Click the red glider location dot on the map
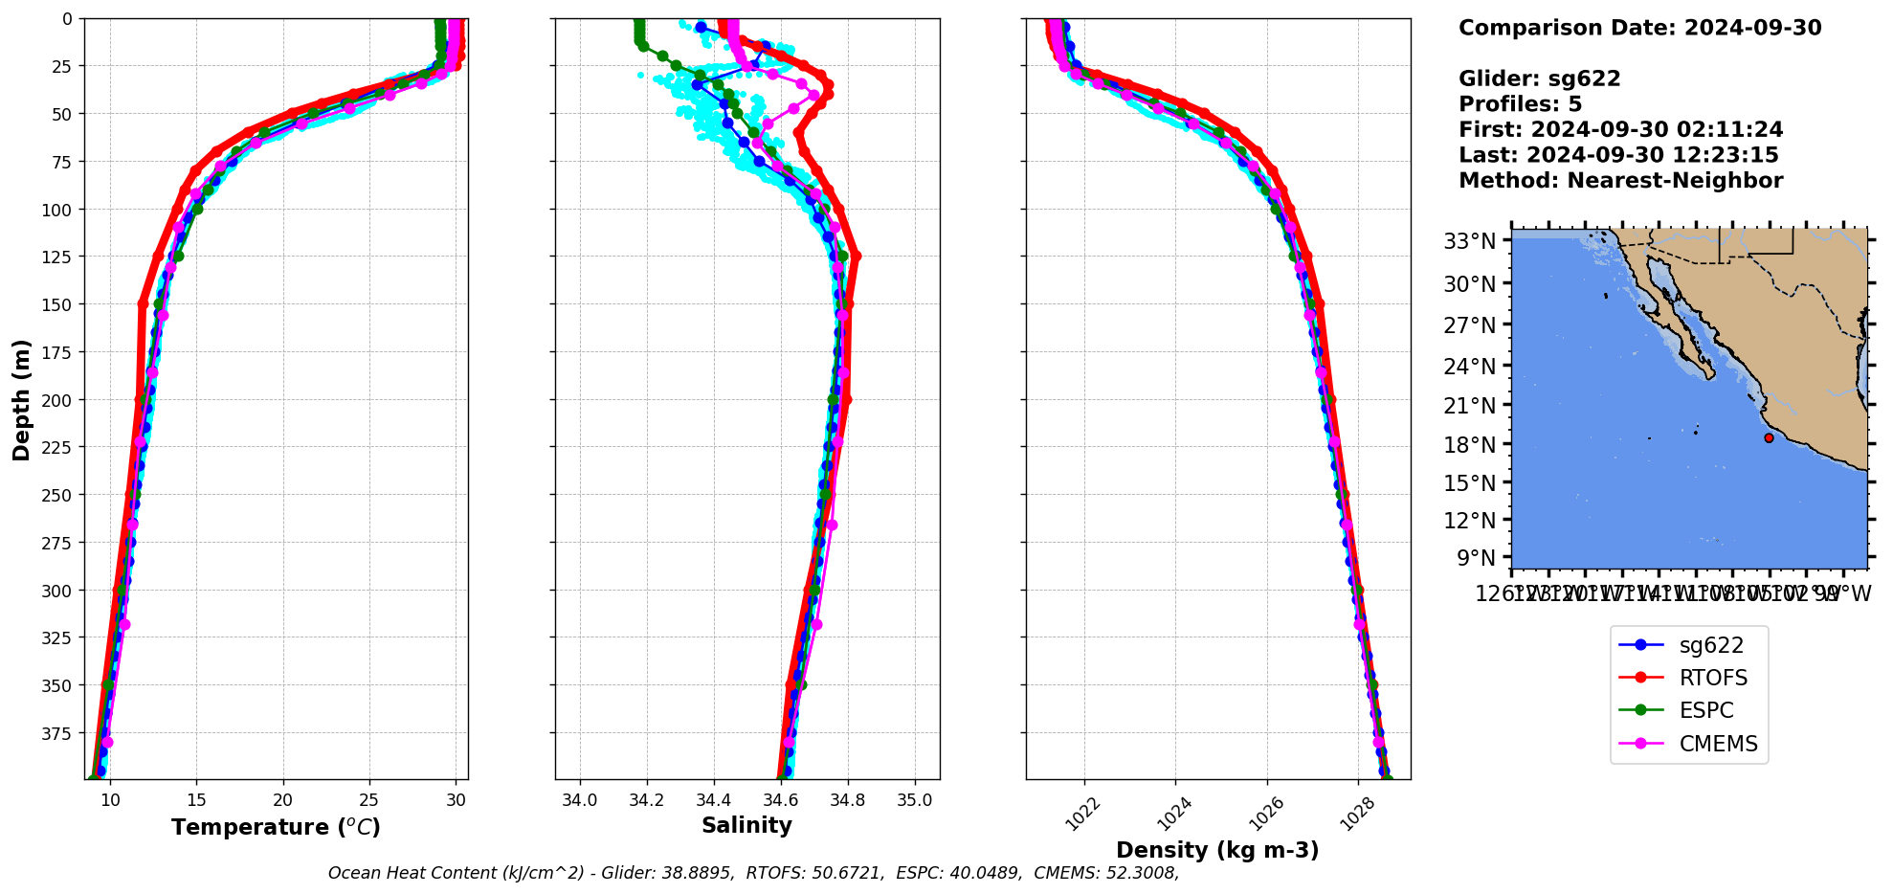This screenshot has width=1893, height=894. (x=1769, y=438)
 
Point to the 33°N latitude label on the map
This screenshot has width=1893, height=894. (x=1469, y=241)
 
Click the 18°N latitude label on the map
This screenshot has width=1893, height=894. (x=1469, y=445)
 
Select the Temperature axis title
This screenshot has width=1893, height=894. (x=276, y=827)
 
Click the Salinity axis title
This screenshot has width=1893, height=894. (x=746, y=826)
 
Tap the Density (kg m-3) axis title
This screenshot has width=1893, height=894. (x=1217, y=850)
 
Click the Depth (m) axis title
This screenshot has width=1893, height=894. (x=21, y=399)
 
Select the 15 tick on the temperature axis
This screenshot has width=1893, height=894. (x=196, y=800)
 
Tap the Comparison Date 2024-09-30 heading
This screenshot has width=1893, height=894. (x=1639, y=28)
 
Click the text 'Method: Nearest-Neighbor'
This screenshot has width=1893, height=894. (x=1620, y=181)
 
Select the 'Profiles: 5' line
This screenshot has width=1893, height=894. (x=1520, y=104)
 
